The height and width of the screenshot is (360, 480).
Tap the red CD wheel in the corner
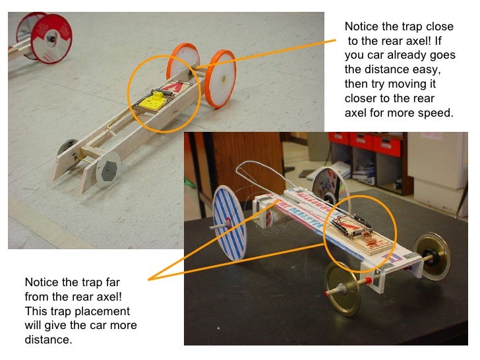coord(51,39)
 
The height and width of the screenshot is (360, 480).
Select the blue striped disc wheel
coord(229,223)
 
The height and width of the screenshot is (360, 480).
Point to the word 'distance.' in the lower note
coord(48,340)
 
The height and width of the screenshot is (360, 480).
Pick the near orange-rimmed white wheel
coord(220,79)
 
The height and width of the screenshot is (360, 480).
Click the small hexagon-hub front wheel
coord(108,168)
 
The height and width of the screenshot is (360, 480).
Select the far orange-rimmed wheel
coord(183,62)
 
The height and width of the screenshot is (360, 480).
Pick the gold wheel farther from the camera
coord(433,256)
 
